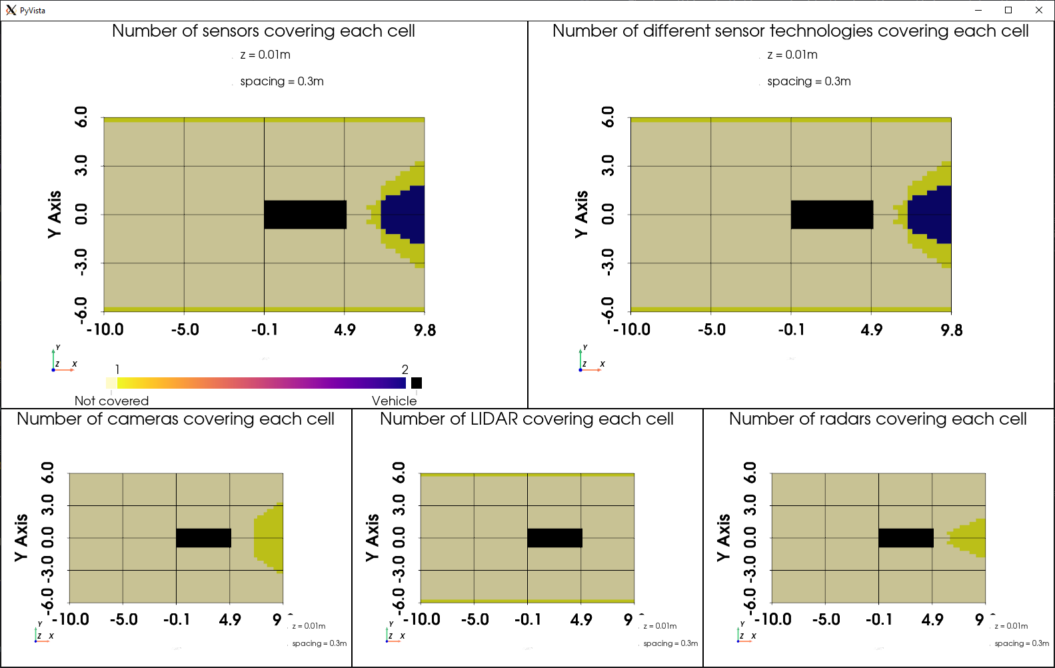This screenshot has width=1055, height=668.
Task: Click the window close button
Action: tap(1038, 10)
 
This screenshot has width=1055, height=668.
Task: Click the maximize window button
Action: tap(1008, 10)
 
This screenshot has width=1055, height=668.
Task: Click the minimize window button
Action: tap(978, 10)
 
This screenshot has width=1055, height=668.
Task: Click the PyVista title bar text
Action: tap(33, 11)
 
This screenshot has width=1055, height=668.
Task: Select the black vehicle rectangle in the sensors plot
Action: tap(305, 215)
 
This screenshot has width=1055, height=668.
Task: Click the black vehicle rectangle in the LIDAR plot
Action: tap(554, 538)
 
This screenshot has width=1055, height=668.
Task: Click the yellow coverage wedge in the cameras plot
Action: tap(269, 537)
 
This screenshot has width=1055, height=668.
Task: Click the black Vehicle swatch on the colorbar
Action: tap(417, 383)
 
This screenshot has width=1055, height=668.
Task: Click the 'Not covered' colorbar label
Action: tap(111, 401)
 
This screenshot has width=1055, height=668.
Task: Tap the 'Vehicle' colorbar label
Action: tap(394, 401)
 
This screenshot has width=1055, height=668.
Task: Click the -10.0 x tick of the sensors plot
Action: tap(105, 329)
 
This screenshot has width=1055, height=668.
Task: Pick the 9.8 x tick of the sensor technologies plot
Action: tap(951, 330)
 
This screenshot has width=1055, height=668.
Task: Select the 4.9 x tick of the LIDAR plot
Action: tap(580, 619)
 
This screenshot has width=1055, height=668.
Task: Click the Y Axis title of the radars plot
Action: tap(723, 537)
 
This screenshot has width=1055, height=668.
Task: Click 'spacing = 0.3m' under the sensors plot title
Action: tap(282, 81)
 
